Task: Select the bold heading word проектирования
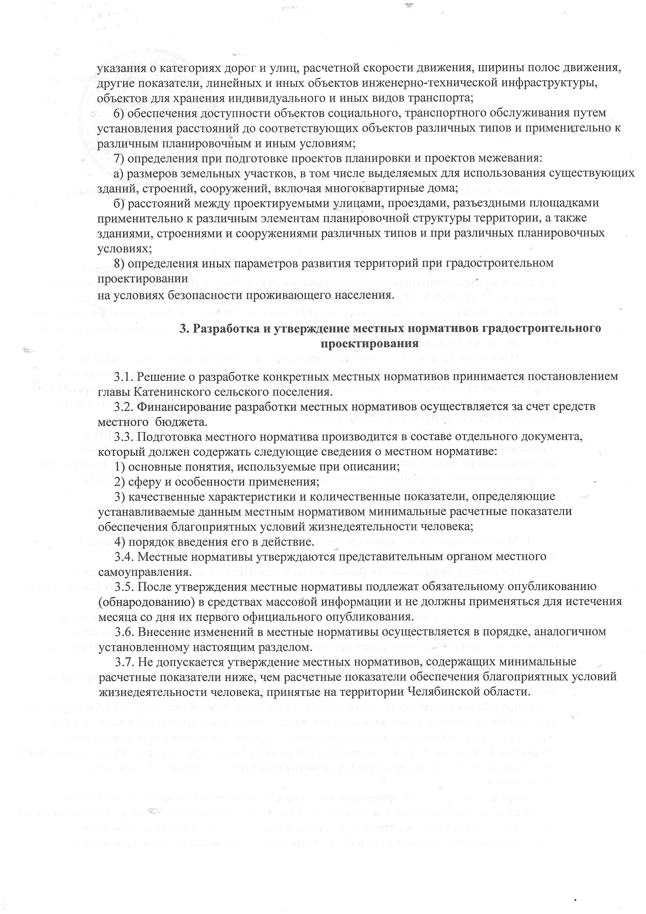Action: point(369,343)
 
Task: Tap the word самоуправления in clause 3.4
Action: point(142,572)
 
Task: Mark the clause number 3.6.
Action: point(125,631)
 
